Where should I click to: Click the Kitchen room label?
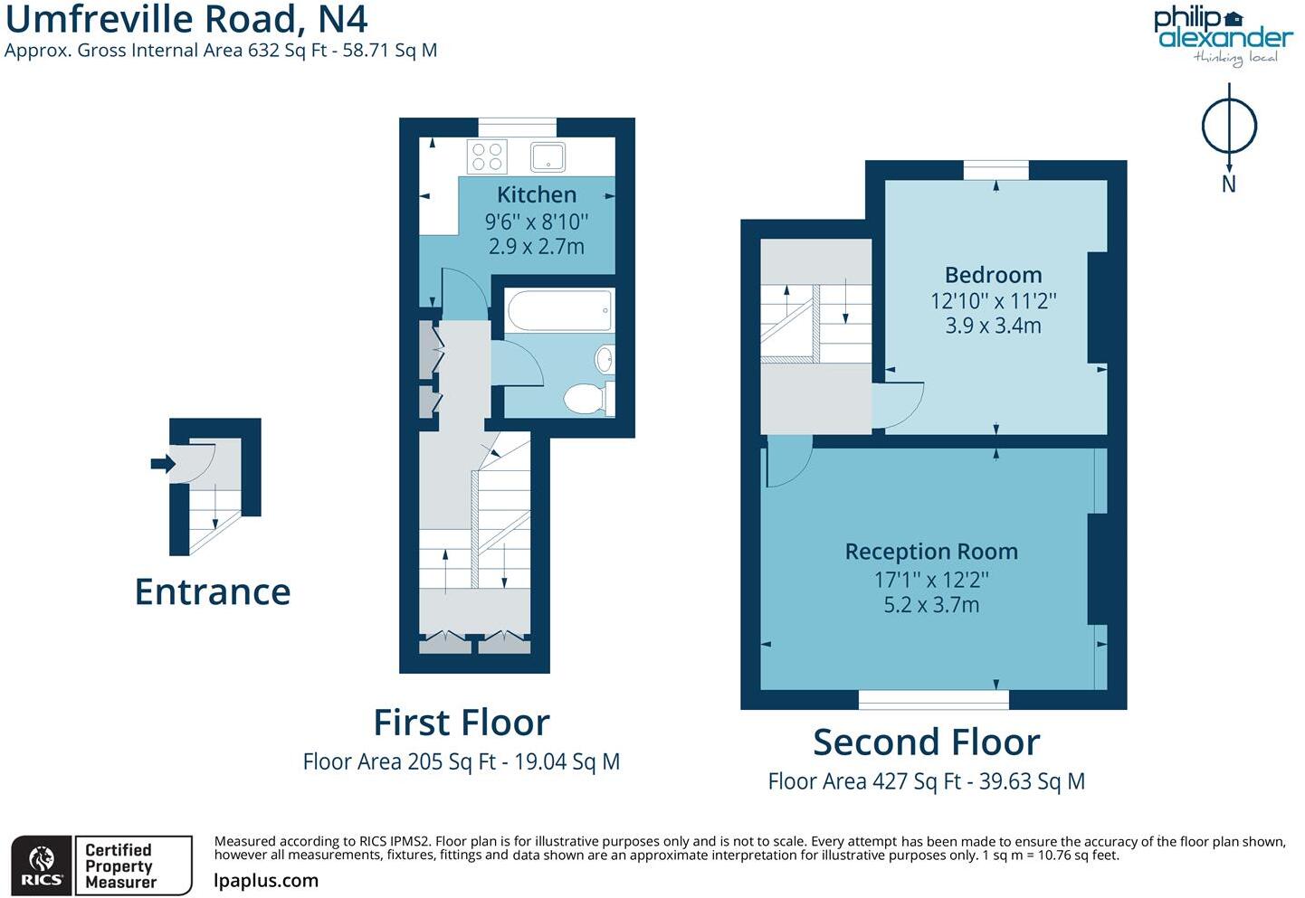click(x=536, y=194)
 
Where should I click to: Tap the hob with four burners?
click(x=487, y=156)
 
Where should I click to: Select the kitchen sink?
click(x=548, y=156)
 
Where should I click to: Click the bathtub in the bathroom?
click(x=559, y=310)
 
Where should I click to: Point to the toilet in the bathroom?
click(x=586, y=398)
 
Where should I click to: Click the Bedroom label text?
click(x=993, y=275)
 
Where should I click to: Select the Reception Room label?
click(x=931, y=552)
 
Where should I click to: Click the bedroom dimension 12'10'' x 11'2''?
click(x=993, y=301)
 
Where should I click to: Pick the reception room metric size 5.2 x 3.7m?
click(x=931, y=605)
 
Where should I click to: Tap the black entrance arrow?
click(x=162, y=464)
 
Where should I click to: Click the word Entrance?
click(x=213, y=591)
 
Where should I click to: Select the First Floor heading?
click(x=462, y=723)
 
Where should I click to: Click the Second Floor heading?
click(x=926, y=742)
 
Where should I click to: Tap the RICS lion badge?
click(x=42, y=865)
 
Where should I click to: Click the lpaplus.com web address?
click(x=266, y=880)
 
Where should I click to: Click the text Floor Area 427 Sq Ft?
click(x=863, y=781)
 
